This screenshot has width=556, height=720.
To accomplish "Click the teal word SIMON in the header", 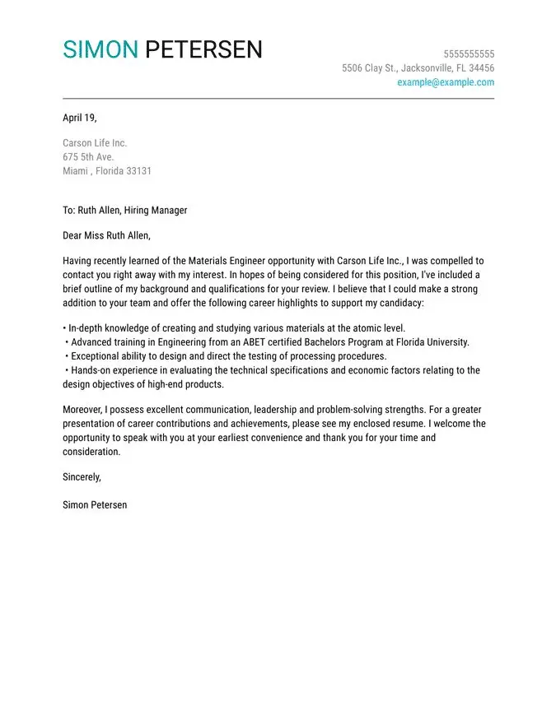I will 100,49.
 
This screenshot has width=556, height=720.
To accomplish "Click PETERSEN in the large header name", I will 203,49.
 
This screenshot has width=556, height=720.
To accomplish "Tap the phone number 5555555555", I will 469,54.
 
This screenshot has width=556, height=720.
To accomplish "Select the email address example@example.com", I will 446,82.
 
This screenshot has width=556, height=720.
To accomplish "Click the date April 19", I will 79,118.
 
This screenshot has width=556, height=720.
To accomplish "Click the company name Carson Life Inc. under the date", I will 95,143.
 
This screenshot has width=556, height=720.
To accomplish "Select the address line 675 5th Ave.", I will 88,157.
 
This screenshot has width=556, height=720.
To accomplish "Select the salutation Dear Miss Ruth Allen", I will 106,236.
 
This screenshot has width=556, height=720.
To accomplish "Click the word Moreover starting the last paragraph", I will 84,409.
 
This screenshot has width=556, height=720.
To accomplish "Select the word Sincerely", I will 82,477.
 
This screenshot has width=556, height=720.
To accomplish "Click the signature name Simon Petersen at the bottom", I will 95,504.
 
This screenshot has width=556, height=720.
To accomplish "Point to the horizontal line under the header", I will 278,99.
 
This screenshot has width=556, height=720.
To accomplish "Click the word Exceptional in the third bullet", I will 96,356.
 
